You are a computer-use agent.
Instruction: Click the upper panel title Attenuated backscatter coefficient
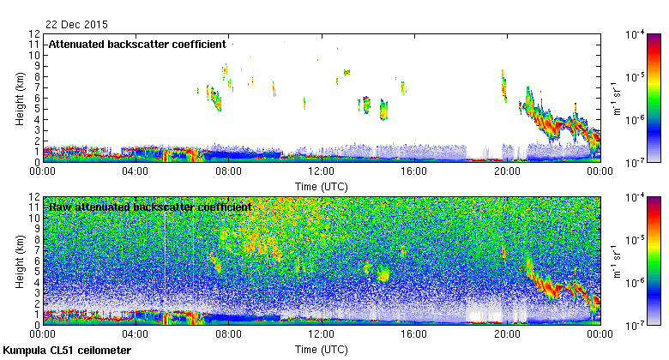click(x=137, y=44)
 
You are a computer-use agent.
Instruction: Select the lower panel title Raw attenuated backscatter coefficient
click(x=150, y=207)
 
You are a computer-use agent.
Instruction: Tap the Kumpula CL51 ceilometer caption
click(x=67, y=351)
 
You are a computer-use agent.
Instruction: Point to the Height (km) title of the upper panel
click(x=19, y=98)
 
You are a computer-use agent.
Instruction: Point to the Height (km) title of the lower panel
click(x=19, y=261)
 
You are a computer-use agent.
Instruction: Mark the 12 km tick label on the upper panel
click(x=35, y=34)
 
